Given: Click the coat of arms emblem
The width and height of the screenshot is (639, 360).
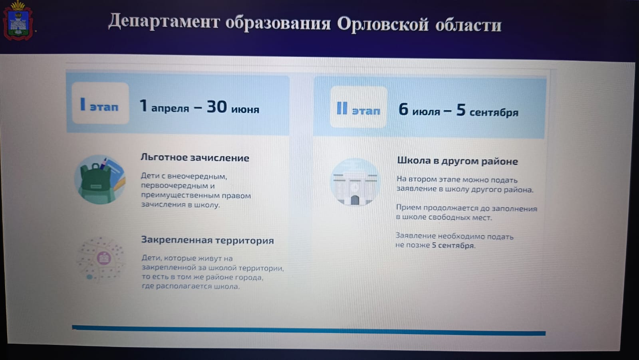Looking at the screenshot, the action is click(18, 20).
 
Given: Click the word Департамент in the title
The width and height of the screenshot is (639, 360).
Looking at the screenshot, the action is click(164, 22).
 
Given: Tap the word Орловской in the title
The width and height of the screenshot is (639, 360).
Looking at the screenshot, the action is click(383, 24).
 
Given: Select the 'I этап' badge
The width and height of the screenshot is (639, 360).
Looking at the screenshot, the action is click(100, 103).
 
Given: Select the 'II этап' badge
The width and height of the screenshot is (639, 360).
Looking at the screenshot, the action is click(359, 107).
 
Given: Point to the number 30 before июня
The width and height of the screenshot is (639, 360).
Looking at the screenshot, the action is click(217, 107).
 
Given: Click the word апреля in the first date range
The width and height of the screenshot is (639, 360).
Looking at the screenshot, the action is click(170, 109).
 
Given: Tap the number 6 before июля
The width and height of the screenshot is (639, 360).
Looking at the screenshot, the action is click(403, 109).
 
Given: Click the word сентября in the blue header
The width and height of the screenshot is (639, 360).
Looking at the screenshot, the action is click(494, 113).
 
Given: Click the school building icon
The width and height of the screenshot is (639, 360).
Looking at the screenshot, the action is click(355, 182).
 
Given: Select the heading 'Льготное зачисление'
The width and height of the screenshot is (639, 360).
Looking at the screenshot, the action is click(195, 158).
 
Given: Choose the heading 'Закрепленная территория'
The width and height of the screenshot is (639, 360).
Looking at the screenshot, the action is click(207, 240).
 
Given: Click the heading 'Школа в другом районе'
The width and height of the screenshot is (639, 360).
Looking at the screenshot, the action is click(457, 161).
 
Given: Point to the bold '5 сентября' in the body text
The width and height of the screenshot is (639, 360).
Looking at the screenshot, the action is click(453, 245).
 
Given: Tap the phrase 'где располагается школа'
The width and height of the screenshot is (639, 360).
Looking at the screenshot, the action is click(191, 286).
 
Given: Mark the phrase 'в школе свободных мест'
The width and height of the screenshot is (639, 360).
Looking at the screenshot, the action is click(444, 218).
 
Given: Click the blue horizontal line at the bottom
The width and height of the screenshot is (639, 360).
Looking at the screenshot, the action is click(309, 330).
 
